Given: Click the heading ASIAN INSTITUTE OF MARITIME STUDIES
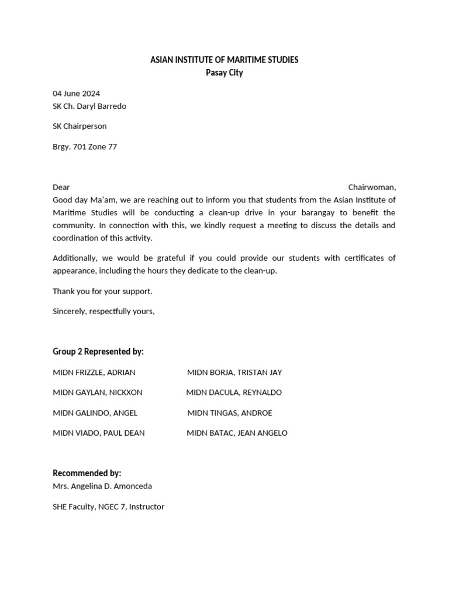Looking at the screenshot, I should point(224,60).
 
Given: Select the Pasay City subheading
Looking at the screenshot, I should point(224,73).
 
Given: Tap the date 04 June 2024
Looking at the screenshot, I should point(76,94).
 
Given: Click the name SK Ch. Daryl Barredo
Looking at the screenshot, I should point(89,106).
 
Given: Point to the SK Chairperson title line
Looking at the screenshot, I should point(80,126).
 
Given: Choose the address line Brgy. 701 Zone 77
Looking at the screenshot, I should point(85,147).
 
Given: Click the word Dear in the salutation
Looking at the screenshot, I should point(61,187).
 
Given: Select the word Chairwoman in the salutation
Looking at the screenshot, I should point(372,187).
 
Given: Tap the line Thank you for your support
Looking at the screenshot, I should point(102,291).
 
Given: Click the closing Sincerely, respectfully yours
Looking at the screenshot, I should point(103,311).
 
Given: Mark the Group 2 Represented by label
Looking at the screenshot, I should point(98,352).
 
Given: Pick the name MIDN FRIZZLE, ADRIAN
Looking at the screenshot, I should point(94,373).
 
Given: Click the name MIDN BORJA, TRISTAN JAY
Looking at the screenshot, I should point(234,373).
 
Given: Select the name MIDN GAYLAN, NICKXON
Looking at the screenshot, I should point(98,393).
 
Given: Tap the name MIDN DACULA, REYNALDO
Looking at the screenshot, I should point(234,393).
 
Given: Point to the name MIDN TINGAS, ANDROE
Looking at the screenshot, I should point(230,413).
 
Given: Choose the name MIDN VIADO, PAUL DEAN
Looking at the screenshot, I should point(99,433).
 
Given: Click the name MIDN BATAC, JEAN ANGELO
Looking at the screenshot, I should point(237,433).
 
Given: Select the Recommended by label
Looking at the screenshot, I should point(87,473).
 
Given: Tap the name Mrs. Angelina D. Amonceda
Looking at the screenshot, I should point(102,486).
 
